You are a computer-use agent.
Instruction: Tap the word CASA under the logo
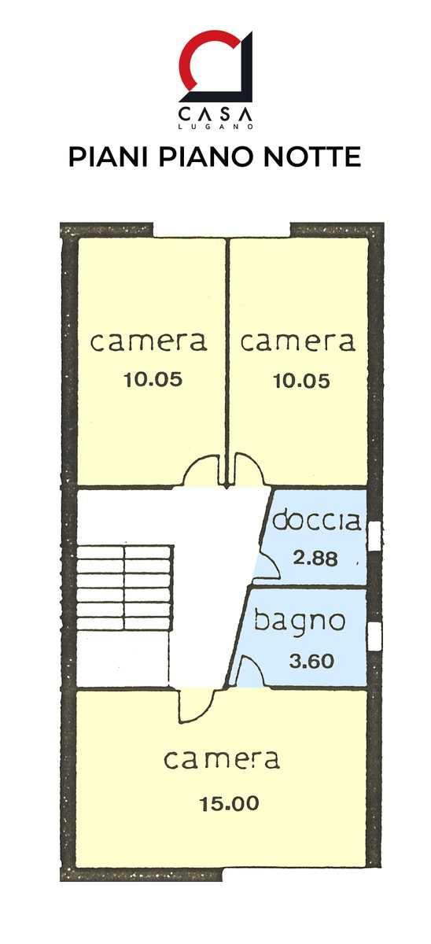(x=215, y=114)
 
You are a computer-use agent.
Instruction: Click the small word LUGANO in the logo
(x=215, y=126)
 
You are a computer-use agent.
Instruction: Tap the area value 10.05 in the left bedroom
(x=153, y=380)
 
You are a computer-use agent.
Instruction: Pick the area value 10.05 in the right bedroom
(x=302, y=382)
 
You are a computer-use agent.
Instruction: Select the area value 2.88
(x=315, y=559)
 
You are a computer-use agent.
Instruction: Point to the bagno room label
(x=300, y=622)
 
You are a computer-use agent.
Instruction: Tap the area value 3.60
(x=311, y=661)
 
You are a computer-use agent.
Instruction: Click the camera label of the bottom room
(x=222, y=759)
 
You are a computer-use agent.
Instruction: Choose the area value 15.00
(x=229, y=804)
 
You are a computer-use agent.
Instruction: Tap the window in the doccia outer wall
(x=375, y=536)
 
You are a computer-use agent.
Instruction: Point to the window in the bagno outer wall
(x=374, y=635)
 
